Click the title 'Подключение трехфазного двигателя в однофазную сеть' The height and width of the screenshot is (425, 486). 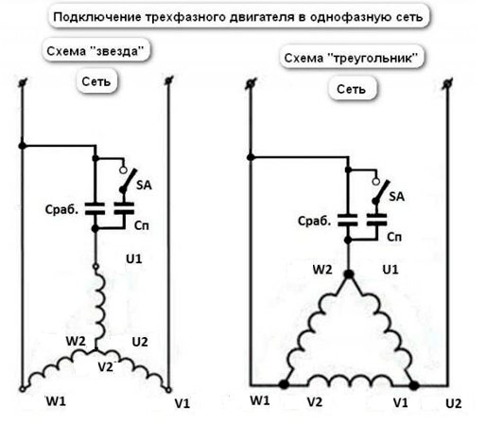[238, 16]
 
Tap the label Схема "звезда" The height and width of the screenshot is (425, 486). [95, 51]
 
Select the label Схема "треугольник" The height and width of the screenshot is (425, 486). [351, 58]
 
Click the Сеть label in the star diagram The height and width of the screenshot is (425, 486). [96, 81]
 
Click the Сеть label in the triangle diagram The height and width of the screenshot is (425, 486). [351, 89]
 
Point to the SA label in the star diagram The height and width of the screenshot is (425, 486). [144, 185]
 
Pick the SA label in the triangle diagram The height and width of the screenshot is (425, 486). [396, 196]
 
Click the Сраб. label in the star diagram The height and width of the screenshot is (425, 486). [61, 209]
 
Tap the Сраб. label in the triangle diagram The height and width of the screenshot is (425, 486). [314, 221]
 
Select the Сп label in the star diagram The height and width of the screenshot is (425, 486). [142, 225]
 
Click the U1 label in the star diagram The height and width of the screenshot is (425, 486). [134, 258]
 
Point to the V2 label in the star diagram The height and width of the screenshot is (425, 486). [105, 367]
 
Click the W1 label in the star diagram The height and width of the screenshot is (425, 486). [56, 401]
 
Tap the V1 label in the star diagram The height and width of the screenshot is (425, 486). [182, 403]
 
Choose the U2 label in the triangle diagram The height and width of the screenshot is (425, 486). [454, 403]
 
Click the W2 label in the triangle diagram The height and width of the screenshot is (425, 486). [322, 270]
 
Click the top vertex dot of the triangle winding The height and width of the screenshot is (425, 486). [349, 274]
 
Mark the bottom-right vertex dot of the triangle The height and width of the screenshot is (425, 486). [414, 385]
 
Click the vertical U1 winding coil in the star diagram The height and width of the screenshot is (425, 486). [99, 305]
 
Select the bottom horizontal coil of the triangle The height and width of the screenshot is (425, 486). [350, 381]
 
